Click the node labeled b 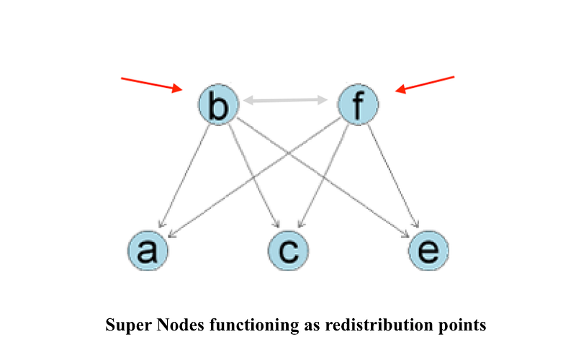[x=217, y=107]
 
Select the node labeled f [x=358, y=105]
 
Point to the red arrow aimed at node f [x=426, y=84]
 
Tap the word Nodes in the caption [x=171, y=325]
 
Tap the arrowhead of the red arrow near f [x=400, y=91]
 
